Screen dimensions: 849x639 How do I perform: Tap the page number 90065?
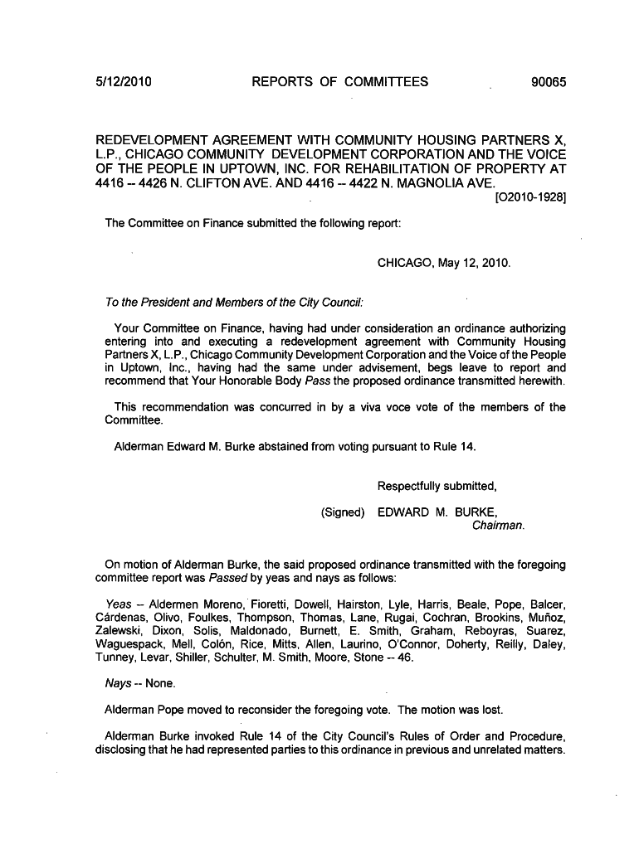coord(547,81)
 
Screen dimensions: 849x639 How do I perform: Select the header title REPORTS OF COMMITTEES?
coord(340,81)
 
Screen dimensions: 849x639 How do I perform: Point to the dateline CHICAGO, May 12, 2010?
coord(444,264)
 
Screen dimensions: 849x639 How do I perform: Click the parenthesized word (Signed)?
coord(343,512)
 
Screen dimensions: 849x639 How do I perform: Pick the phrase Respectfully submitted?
coord(437,486)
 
